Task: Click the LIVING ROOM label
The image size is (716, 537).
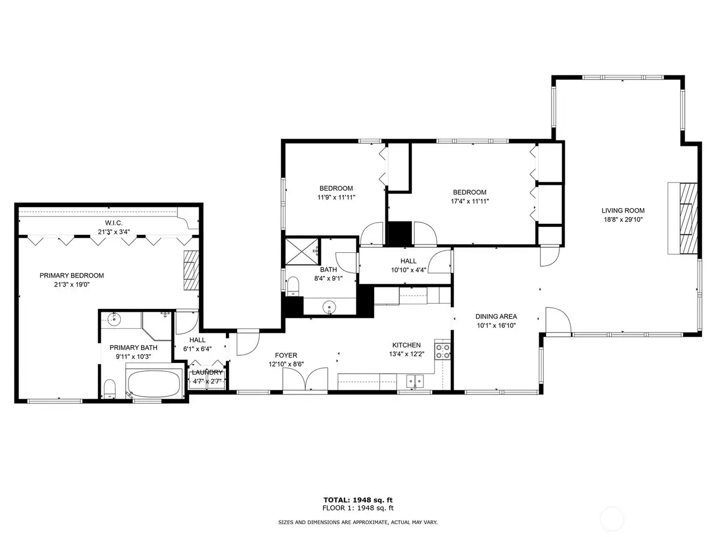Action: (623, 211)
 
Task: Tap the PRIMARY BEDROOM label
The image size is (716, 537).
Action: (72, 276)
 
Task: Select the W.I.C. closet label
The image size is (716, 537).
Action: (114, 223)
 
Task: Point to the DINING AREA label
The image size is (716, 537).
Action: (496, 316)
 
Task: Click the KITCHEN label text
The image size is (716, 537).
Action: (407, 345)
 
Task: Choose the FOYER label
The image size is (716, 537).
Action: (286, 355)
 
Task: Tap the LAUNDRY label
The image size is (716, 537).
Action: (207, 373)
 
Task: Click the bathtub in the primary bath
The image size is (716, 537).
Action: (154, 383)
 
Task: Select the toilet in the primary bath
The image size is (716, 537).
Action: (109, 389)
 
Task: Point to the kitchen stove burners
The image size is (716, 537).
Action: (442, 351)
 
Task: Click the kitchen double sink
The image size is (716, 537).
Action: (415, 380)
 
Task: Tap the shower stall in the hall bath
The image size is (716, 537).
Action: (302, 251)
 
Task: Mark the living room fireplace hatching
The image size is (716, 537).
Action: (688, 219)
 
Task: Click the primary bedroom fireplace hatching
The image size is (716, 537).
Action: (191, 270)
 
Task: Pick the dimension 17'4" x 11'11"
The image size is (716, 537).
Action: (470, 201)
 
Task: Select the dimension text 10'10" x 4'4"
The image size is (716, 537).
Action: (408, 270)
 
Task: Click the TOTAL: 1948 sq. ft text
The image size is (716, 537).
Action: (358, 500)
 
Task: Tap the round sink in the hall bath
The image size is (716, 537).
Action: (329, 307)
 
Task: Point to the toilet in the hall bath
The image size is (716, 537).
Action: (293, 286)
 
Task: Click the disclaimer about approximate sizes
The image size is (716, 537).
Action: (358, 522)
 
